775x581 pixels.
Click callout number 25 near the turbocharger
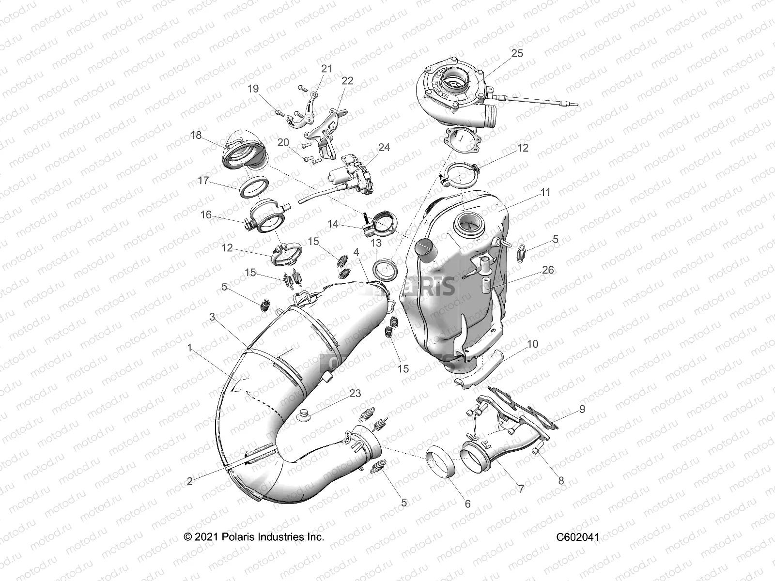click(x=517, y=53)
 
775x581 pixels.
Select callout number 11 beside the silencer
click(x=545, y=192)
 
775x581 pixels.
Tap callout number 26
click(x=548, y=270)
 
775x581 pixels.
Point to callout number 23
click(x=355, y=393)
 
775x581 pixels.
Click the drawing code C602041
click(x=577, y=537)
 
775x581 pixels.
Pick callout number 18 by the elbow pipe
click(x=196, y=135)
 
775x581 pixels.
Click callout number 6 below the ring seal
click(x=467, y=504)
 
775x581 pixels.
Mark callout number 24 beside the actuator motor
click(x=384, y=147)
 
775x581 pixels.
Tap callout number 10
click(x=532, y=344)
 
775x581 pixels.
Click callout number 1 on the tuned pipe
click(x=189, y=348)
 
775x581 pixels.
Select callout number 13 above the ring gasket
click(x=376, y=243)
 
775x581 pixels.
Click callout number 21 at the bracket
click(x=327, y=68)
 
